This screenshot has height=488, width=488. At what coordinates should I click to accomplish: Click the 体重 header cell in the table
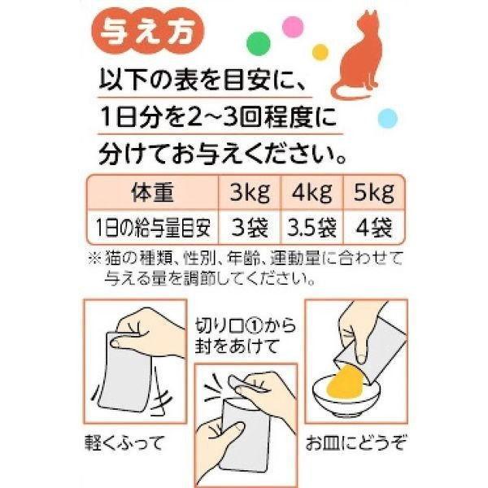tap(153, 194)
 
